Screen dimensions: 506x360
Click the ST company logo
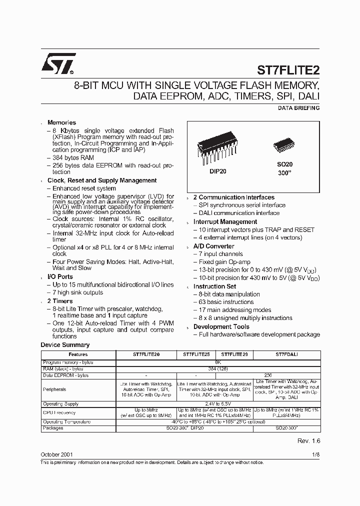[x=58, y=63]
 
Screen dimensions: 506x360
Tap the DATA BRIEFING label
[x=298, y=108]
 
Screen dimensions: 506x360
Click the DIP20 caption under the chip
[x=218, y=170]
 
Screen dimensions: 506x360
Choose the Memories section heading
[x=61, y=122]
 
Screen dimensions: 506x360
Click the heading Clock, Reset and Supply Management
[x=102, y=180]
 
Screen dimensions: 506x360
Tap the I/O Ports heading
[x=60, y=276]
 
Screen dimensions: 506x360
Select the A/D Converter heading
[x=213, y=246]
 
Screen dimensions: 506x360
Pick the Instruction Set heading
[x=214, y=286]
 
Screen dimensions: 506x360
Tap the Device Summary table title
[x=65, y=345]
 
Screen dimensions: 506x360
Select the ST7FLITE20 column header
[x=146, y=354]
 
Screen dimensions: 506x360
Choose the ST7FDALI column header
[x=286, y=354]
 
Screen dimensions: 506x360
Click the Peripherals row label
[x=54, y=389]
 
